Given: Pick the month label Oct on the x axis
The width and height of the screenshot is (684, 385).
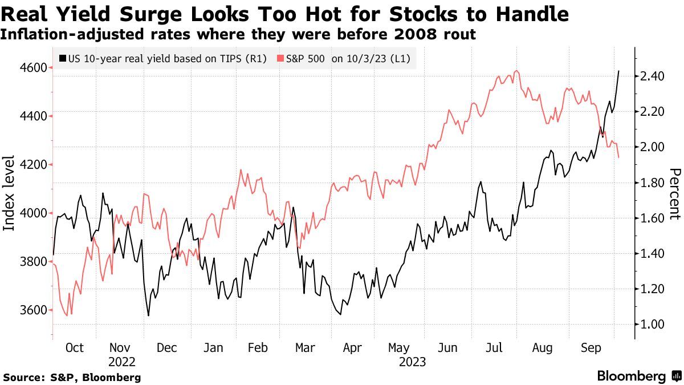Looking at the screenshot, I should (74, 348).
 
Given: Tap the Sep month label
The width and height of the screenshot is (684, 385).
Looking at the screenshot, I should (591, 348).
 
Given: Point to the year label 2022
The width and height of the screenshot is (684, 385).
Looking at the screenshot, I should (121, 362).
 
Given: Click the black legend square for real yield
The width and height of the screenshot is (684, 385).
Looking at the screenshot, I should (63, 58).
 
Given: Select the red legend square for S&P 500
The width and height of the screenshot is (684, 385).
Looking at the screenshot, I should (280, 58).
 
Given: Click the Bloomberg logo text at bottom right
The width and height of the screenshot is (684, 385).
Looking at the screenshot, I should (632, 376).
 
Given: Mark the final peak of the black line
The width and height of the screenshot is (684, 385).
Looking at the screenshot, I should (619, 71).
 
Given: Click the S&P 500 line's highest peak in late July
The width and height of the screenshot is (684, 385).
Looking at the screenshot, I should (516, 71).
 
